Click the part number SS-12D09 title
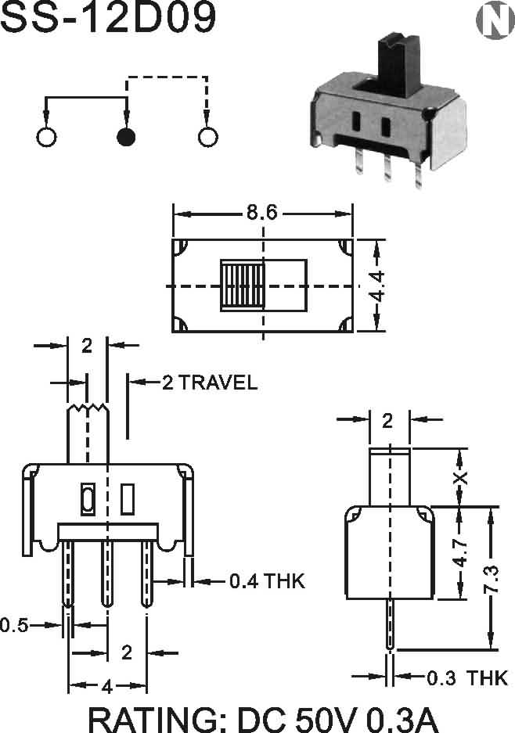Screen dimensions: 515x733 (x=109, y=16)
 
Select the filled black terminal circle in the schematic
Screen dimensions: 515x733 (x=126, y=137)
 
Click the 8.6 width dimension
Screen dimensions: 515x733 (x=262, y=213)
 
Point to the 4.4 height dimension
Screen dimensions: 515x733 (x=376, y=286)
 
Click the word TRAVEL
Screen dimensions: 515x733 (x=218, y=383)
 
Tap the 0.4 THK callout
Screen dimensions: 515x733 (x=267, y=581)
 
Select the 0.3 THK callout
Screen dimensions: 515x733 (x=467, y=677)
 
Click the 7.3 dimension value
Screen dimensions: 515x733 (x=492, y=580)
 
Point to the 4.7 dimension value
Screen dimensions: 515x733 (x=461, y=552)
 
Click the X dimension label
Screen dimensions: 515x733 (x=461, y=477)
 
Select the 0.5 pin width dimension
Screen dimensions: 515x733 (x=15, y=625)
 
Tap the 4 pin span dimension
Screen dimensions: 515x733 (x=107, y=687)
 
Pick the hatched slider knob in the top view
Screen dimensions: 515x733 (x=243, y=286)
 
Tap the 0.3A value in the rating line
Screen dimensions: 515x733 (x=403, y=720)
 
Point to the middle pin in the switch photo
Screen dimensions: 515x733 (x=387, y=167)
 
